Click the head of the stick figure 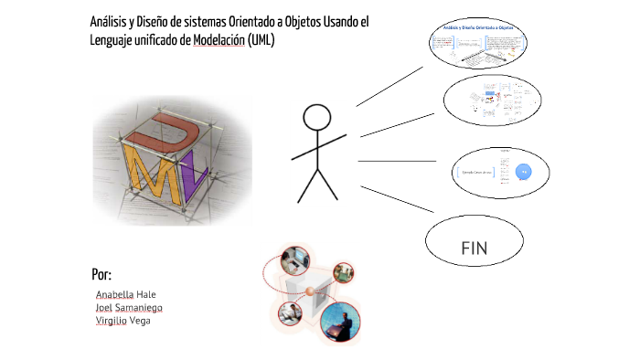click(317, 118)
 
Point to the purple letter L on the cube click(189, 181)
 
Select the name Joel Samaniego click(135, 308)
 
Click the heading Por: click(101, 275)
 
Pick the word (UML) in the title click(261, 41)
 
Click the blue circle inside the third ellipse click(524, 171)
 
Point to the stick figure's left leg click(307, 185)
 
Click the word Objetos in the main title click(311, 21)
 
